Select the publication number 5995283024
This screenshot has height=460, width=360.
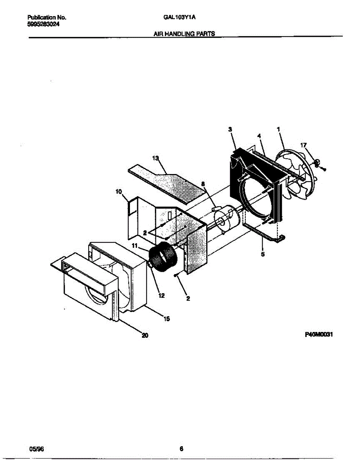tap(44, 24)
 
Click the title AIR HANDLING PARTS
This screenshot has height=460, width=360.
tap(184, 34)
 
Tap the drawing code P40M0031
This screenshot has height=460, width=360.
tap(319, 334)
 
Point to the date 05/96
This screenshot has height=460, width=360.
tap(35, 449)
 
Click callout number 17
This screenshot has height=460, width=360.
tap(303, 145)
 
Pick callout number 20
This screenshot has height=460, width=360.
tap(144, 336)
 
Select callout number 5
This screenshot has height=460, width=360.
tap(263, 254)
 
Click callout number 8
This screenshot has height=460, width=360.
tap(203, 184)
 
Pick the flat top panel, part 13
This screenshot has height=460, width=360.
tap(169, 183)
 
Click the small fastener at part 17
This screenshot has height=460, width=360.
tap(317, 163)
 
